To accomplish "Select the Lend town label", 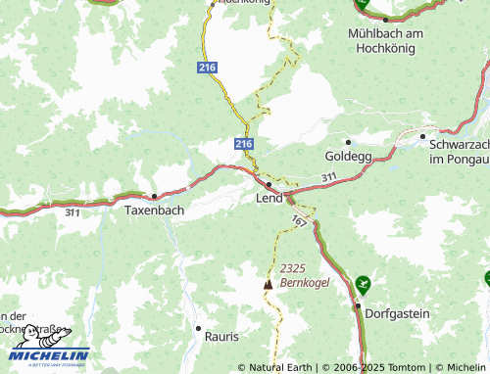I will tap(269, 198).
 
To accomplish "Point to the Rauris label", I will tap(221, 336).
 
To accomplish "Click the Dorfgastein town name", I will tap(397, 315).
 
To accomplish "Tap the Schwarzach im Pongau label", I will tap(459, 150).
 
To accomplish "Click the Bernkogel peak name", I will tap(305, 282).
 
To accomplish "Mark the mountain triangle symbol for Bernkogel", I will tap(268, 284).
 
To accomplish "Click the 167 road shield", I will tap(299, 223).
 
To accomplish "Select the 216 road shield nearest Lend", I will tap(243, 144).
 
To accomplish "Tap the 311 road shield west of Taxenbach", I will tap(73, 211).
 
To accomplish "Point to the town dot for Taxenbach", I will tap(153, 195).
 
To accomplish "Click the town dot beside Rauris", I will tap(198, 329).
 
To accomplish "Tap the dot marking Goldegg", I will tap(348, 141).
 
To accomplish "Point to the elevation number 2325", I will tap(294, 268).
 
